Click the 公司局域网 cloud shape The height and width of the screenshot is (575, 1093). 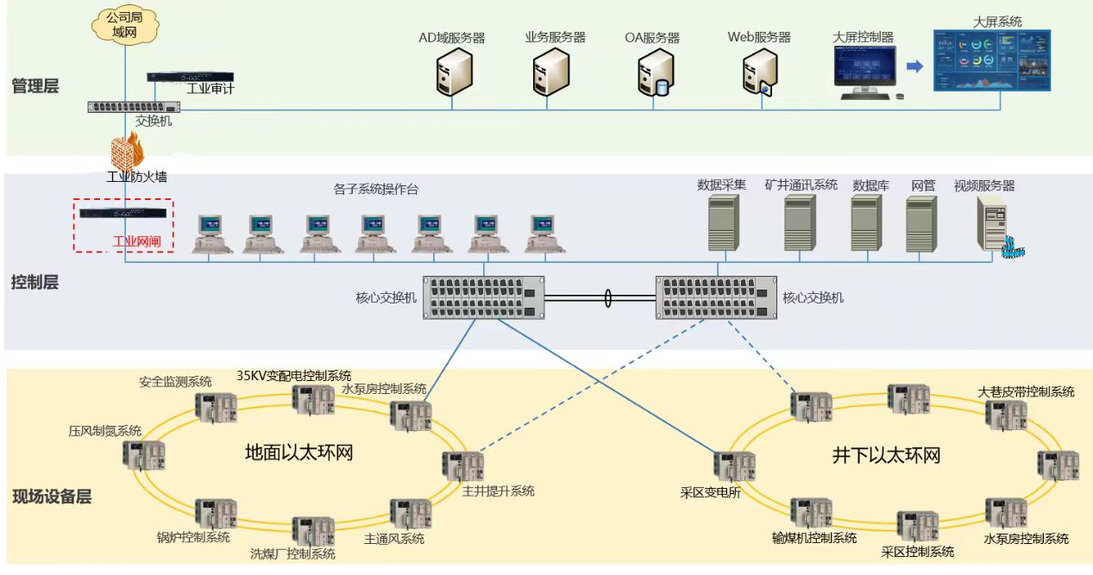tap(125, 26)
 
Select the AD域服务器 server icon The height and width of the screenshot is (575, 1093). tap(454, 72)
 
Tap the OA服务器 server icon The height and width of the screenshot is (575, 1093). tap(654, 72)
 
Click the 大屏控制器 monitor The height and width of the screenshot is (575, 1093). tap(864, 69)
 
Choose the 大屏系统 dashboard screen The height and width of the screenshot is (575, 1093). tap(992, 60)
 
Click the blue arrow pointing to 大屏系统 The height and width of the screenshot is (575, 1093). tap(914, 66)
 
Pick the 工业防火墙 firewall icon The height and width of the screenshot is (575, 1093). tap(126, 153)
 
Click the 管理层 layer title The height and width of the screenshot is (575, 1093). tap(35, 85)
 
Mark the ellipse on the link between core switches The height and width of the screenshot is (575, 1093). tap(608, 298)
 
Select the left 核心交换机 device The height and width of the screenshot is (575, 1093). tap(485, 297)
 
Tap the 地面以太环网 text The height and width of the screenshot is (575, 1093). tap(298, 453)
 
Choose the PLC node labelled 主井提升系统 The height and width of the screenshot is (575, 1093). tap(463, 466)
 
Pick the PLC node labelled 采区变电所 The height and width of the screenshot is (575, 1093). tap(735, 466)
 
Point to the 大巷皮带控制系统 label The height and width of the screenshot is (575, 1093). tap(1026, 391)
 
